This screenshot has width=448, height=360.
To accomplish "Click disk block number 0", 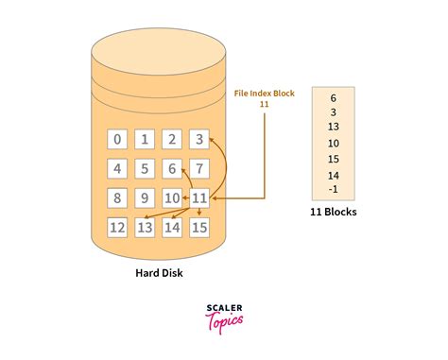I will coord(117,140).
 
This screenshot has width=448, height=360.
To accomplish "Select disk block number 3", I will coord(199,140).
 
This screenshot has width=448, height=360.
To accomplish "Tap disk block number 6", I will coord(172,169).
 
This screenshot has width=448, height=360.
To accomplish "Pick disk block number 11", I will coord(199,198).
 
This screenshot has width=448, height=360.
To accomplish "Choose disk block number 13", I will coord(145,227).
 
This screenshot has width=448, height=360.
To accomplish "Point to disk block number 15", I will coord(199,227).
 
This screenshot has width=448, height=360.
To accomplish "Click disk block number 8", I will coord(117,198).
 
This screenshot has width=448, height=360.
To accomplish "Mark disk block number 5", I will coord(145,169).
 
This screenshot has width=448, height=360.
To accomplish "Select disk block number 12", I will coord(117,227).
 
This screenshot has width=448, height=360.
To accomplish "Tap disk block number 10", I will coord(172,198).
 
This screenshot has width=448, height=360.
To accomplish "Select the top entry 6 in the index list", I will coord(334,97).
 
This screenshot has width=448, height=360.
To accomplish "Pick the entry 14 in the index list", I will coord(334,175).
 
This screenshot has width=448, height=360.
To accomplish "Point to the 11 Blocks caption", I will coord(334,212).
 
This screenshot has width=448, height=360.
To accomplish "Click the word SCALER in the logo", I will coord(224,308).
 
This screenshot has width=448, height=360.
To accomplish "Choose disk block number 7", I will coord(199,169).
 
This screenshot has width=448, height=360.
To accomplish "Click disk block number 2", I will coord(172,140).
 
